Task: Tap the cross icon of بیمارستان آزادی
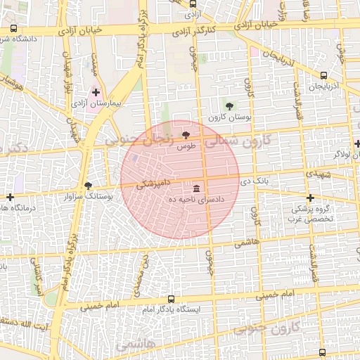click(96, 92)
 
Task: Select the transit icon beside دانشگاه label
click(15, 29)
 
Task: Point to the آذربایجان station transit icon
click(323, 76)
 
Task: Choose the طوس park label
click(186, 146)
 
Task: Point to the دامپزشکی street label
click(146, 184)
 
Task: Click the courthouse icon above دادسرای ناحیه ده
click(195, 189)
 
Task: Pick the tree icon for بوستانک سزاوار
click(88, 186)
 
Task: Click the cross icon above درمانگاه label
click(10, 197)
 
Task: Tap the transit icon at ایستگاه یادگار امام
click(170, 298)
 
